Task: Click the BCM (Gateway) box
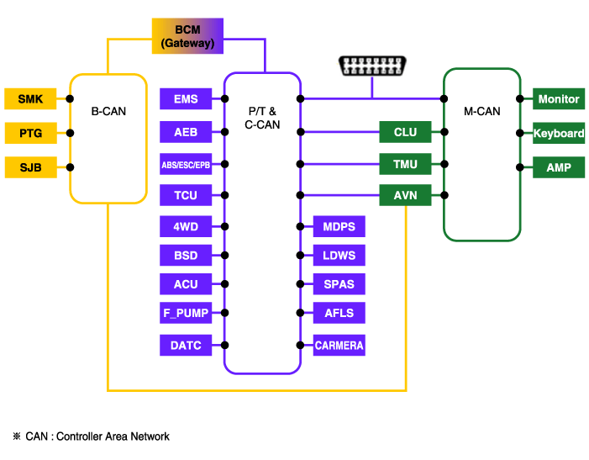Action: tap(187, 36)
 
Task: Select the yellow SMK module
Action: tap(30, 99)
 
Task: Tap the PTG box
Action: tap(30, 133)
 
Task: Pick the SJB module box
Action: tap(30, 167)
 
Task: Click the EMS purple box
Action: tap(186, 99)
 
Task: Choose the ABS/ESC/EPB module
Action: tap(186, 165)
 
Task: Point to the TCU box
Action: tap(186, 196)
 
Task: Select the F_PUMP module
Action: tap(186, 313)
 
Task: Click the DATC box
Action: tap(186, 345)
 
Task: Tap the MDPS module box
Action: tap(339, 226)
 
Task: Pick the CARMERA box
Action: tap(339, 345)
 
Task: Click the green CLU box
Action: tap(405, 132)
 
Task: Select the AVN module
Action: tap(405, 196)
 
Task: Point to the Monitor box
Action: tap(559, 99)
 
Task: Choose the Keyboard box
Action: tap(559, 133)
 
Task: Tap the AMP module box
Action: tap(559, 167)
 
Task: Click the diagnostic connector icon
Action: tap(370, 66)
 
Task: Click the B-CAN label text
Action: tap(108, 110)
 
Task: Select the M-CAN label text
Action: tap(481, 110)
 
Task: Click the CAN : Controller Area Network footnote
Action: tap(92, 436)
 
